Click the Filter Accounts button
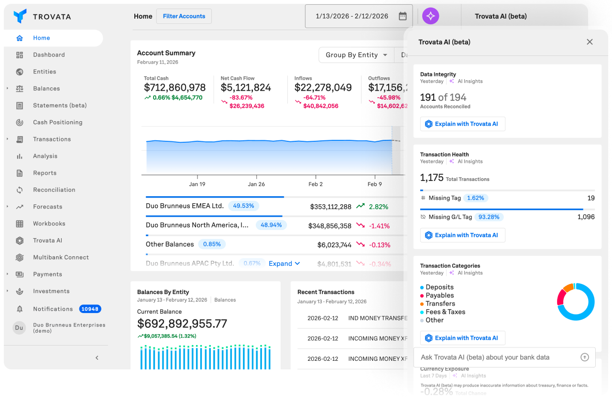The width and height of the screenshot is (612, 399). [x=184, y=16]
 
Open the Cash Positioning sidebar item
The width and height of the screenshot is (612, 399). [x=57, y=122]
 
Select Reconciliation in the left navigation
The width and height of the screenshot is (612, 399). [x=54, y=190]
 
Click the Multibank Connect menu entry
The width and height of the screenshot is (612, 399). [x=61, y=257]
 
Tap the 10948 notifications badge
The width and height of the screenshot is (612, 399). [x=90, y=309]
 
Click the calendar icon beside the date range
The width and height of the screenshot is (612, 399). [x=403, y=16]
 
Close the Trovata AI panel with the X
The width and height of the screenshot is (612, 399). [x=590, y=42]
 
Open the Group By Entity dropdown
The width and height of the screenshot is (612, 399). [x=356, y=55]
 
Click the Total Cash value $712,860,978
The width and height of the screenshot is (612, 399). [x=175, y=88]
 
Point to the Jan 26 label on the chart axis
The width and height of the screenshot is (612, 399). [x=256, y=184]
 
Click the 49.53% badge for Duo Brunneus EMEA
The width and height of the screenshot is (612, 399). [x=243, y=206]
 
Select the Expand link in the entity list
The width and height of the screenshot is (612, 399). [x=284, y=263]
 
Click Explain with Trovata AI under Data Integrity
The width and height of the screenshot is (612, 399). [x=462, y=124]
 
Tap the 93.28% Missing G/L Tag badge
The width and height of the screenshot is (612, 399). [x=489, y=217]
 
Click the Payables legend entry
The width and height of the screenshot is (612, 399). [x=439, y=295]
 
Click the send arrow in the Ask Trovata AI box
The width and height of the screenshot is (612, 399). [x=584, y=357]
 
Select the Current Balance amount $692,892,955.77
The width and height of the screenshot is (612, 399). [x=182, y=324]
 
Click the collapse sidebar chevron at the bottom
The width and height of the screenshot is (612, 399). [x=97, y=357]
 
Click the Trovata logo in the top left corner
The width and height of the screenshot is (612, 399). [x=20, y=16]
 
